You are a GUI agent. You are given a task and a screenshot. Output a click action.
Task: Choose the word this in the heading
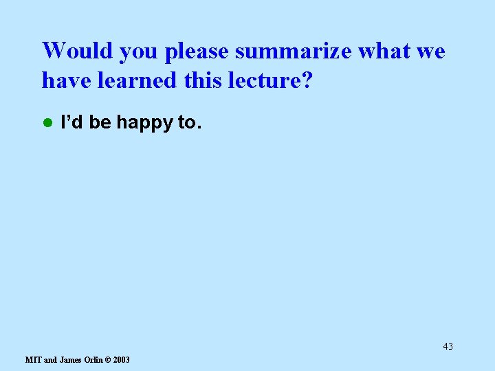point(205,81)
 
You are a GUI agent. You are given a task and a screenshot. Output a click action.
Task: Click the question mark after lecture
point(307,81)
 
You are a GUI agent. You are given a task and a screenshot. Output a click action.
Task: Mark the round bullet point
point(47,123)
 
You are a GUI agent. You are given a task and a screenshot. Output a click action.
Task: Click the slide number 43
point(448,346)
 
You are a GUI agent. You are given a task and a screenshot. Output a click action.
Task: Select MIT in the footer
point(32,360)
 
